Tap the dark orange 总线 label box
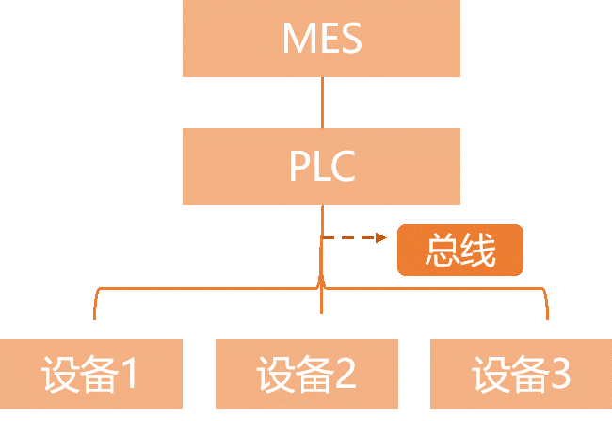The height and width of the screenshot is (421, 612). (x=459, y=250)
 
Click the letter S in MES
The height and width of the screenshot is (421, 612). (x=349, y=40)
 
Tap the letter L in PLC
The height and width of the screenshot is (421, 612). (x=322, y=168)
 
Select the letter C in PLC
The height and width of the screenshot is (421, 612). (x=343, y=168)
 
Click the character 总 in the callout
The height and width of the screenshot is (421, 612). (x=442, y=250)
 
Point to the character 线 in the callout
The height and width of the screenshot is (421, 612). (x=477, y=250)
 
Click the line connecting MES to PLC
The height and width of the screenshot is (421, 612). (x=322, y=103)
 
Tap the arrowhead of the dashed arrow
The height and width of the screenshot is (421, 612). (x=382, y=237)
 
